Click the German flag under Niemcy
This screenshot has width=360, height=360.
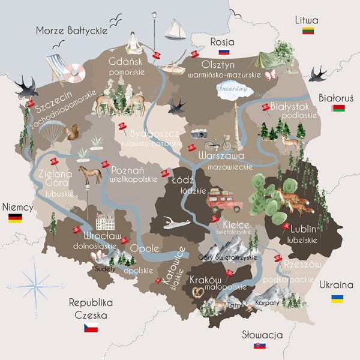(15, 218)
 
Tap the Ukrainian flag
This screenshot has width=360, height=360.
(337, 298)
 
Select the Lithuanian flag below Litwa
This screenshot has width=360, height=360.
(308, 31)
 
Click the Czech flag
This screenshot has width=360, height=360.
(91, 328)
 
